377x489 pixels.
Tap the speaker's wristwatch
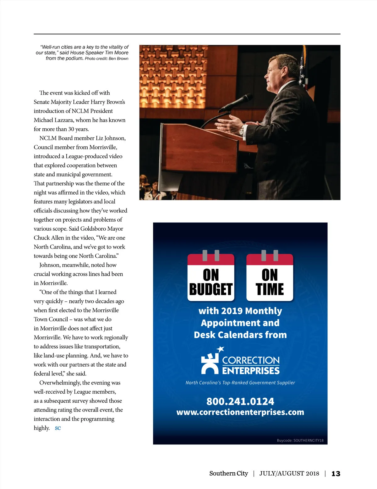pos(242,130)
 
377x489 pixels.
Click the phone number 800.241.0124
pos(240,401)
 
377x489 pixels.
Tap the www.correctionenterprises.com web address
pos(240,412)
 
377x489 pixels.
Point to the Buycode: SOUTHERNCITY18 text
pos(300,440)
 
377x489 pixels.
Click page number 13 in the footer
pos(336,474)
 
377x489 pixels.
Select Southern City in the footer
pos(228,473)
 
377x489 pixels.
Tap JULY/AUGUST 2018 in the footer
pos(289,473)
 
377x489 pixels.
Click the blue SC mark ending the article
pos(58,428)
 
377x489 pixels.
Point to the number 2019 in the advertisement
pos(232,311)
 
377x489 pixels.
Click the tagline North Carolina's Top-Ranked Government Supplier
pos(240,383)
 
